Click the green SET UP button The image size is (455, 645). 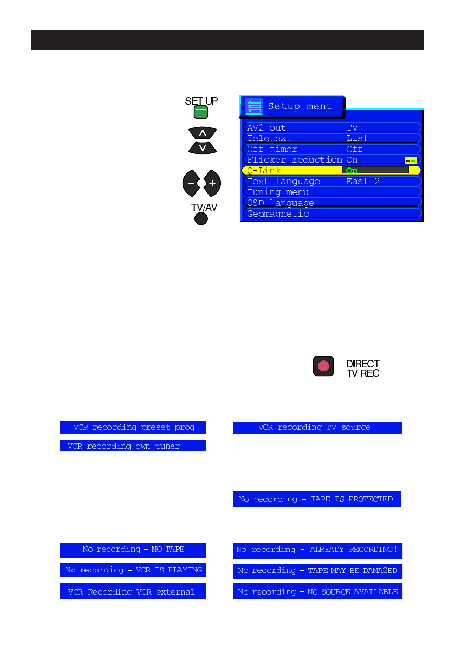[x=201, y=112]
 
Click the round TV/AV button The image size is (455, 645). [x=201, y=218]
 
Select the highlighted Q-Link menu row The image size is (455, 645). [x=292, y=170]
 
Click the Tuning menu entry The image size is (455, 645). [x=278, y=192]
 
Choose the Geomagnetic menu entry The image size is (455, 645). [x=278, y=214]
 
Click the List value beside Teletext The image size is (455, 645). [x=357, y=138]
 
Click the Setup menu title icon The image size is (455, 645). [x=253, y=106]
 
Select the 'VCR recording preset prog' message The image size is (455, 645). [x=133, y=427]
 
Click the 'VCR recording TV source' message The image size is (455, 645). [x=317, y=427]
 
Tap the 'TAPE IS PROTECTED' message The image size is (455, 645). [x=317, y=499]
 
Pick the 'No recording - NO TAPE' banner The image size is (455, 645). [x=133, y=550]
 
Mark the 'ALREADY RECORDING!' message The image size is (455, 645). [x=317, y=550]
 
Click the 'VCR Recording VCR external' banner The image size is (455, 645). [x=133, y=592]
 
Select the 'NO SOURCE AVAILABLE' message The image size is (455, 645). [x=317, y=592]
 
